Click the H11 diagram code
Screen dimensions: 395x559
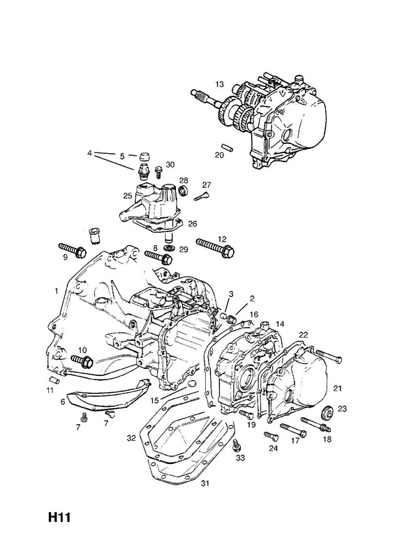click(60, 517)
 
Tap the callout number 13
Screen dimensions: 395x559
click(219, 84)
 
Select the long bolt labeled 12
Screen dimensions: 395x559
click(216, 247)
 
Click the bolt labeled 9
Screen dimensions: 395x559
click(72, 250)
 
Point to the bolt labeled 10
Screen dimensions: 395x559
click(82, 361)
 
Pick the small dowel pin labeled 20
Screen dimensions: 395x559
click(227, 147)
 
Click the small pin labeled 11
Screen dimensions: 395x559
click(54, 379)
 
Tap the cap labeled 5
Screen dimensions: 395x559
click(144, 156)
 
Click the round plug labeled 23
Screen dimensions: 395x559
click(327, 412)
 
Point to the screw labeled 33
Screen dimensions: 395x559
click(235, 445)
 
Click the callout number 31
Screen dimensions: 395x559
click(204, 484)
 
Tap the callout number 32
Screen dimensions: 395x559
click(131, 438)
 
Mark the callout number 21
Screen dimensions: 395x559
click(337, 388)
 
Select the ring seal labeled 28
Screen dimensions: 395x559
click(184, 190)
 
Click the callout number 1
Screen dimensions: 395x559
click(57, 291)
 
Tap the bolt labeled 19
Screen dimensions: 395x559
click(246, 414)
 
